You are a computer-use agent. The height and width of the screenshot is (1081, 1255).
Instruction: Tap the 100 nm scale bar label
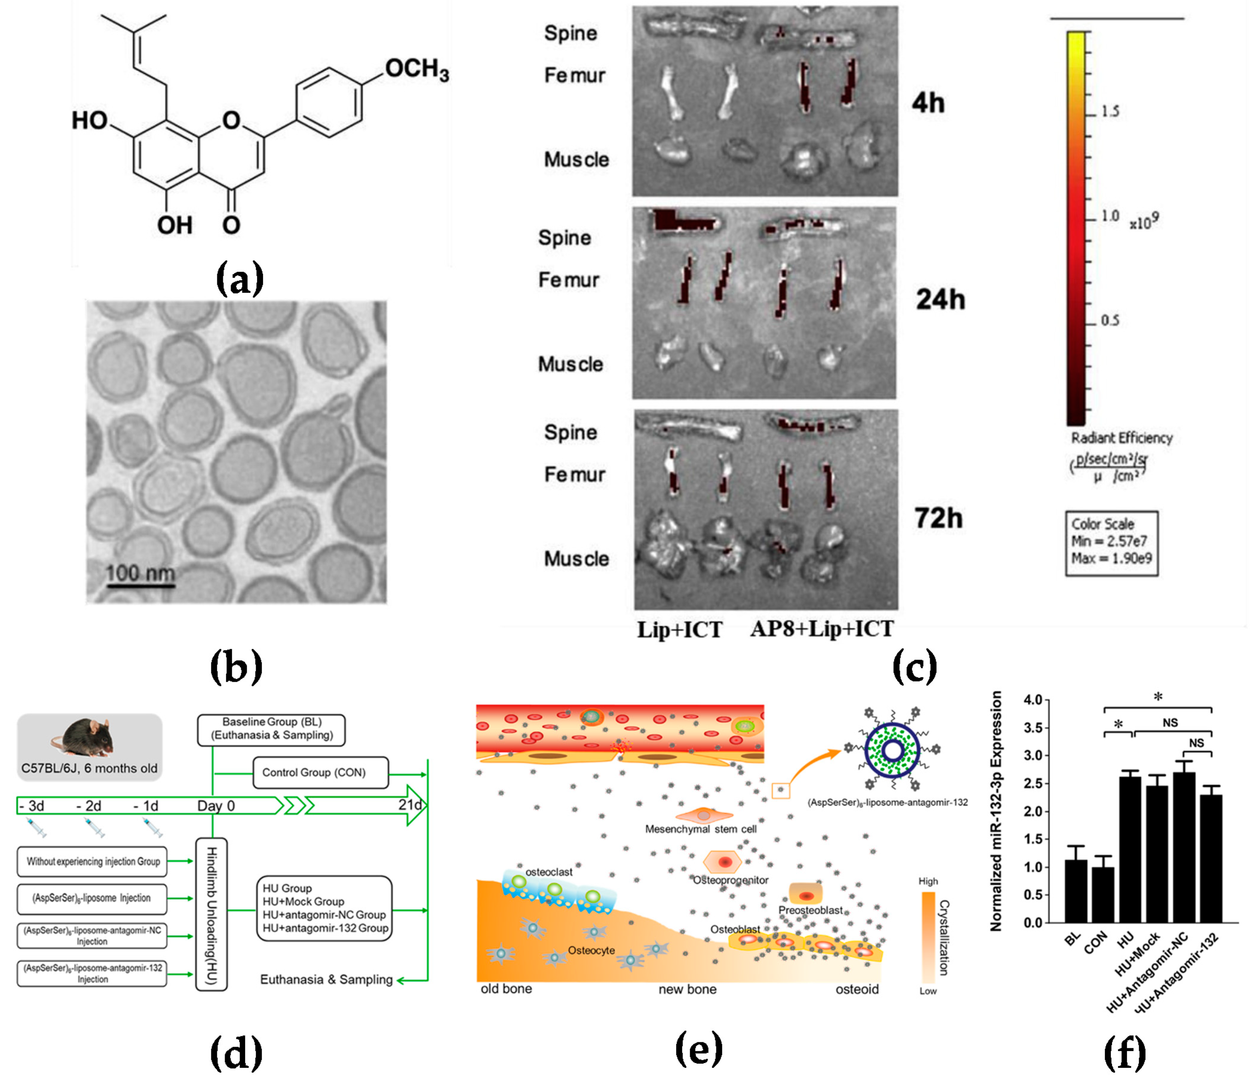tap(140, 573)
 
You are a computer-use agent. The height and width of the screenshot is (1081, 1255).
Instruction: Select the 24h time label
tap(940, 299)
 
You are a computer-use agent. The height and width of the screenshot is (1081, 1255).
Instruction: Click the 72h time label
tap(938, 518)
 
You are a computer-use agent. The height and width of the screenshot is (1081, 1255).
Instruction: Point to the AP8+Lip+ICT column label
tap(822, 629)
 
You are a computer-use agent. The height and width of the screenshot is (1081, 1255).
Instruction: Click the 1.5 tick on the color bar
tap(1110, 112)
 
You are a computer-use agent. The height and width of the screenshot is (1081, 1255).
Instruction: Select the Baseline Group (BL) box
tap(271, 729)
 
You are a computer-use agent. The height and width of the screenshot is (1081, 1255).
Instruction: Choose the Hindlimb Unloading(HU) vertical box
tap(211, 914)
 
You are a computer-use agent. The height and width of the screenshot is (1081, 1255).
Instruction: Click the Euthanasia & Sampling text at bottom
tap(326, 980)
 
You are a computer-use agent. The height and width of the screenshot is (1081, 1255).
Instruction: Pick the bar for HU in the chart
tap(1130, 850)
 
